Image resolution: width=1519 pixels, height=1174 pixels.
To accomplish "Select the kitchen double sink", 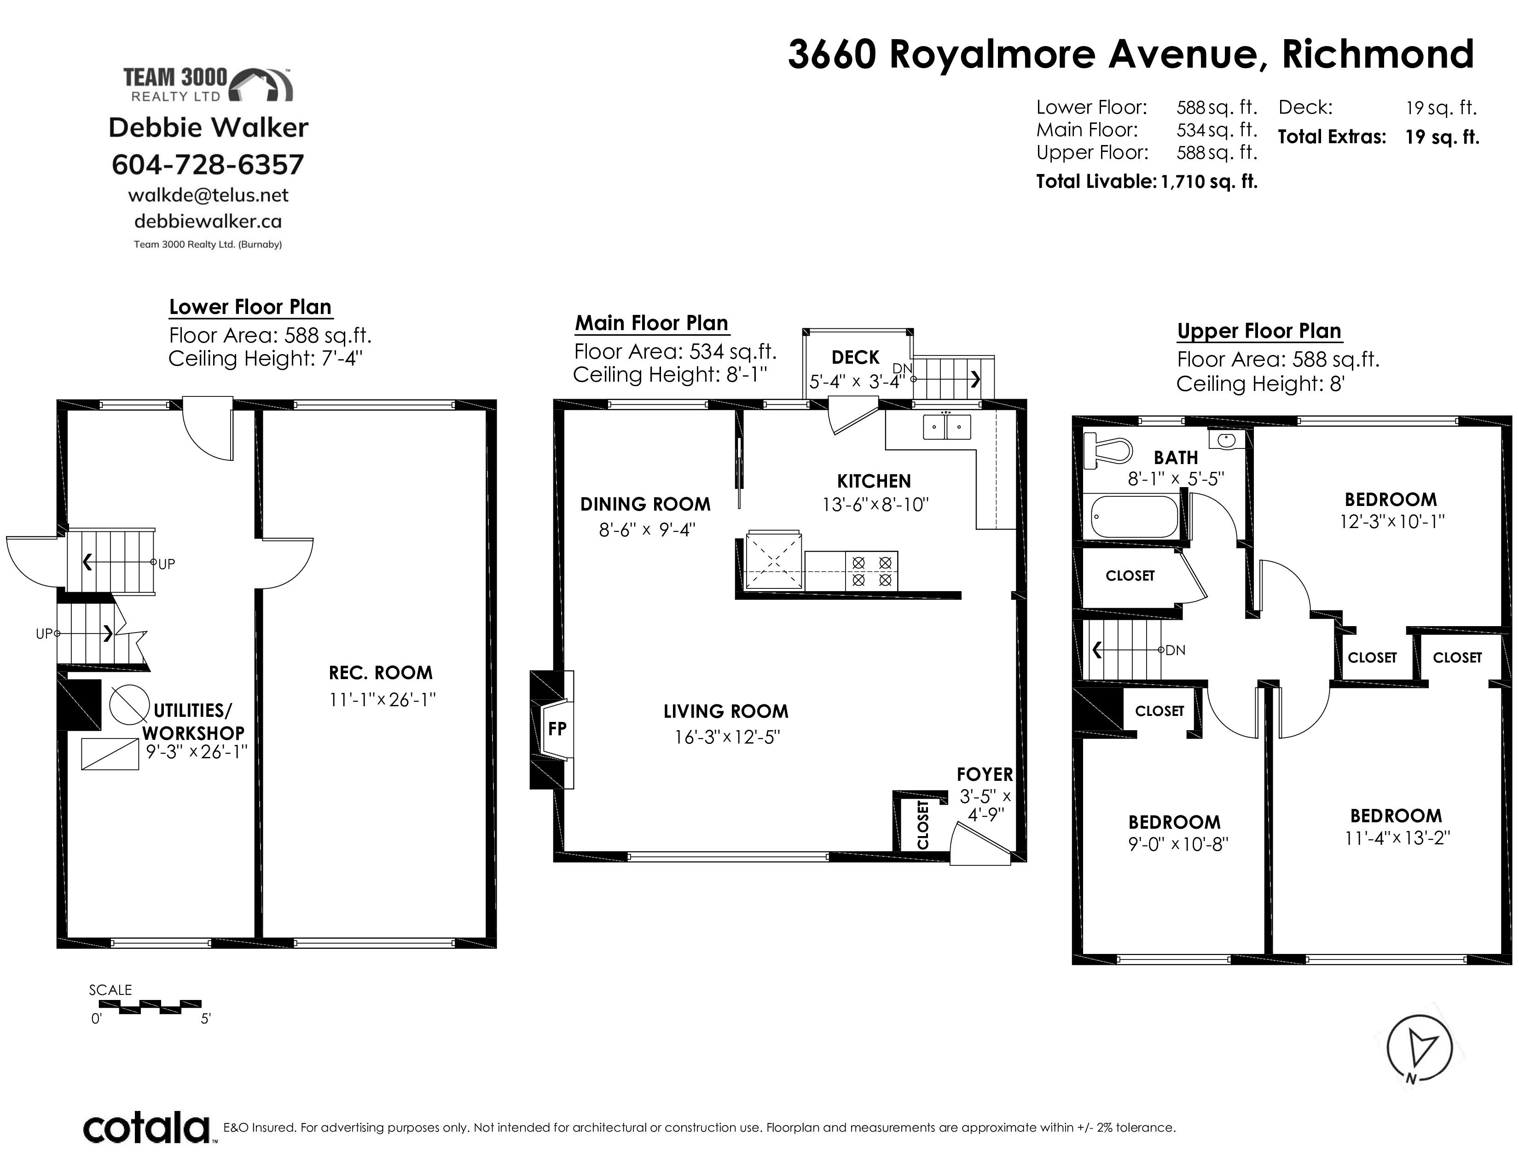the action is coord(946,426).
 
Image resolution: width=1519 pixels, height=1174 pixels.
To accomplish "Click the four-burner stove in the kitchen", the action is coord(871,571).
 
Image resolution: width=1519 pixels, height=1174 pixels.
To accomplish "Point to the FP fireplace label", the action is coord(557,729).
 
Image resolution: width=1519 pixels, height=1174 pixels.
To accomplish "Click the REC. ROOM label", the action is coord(381,673).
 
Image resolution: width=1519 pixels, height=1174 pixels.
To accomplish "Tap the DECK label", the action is coord(856,357).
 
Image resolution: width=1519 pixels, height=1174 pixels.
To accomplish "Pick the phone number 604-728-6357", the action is coord(208,165).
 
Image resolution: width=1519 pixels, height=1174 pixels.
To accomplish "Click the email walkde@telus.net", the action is coord(208,195).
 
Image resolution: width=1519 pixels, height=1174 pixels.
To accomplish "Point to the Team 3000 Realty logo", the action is coord(208,85).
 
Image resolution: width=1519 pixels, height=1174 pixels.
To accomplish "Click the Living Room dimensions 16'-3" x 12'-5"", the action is coord(727,737).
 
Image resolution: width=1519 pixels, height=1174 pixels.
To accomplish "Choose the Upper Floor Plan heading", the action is coord(1259,331).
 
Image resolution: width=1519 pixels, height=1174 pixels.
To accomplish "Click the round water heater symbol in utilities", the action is coord(129,704).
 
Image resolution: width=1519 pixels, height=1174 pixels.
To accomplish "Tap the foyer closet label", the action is coord(923,825).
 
